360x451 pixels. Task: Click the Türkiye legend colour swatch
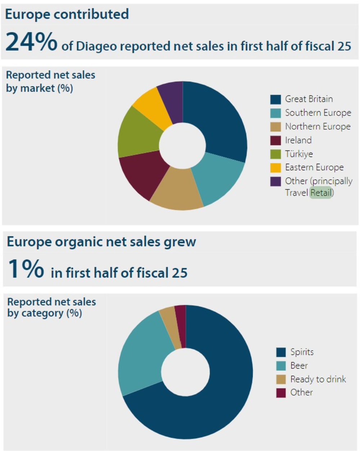[275, 154]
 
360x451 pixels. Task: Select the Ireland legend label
[298, 140]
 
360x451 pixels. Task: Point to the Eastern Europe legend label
[314, 167]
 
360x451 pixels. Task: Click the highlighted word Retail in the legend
[321, 193]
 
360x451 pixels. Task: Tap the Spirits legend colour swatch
[281, 352]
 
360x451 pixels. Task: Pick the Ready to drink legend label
[318, 379]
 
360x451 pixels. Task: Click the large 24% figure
[31, 42]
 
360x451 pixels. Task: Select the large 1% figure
[26, 269]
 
